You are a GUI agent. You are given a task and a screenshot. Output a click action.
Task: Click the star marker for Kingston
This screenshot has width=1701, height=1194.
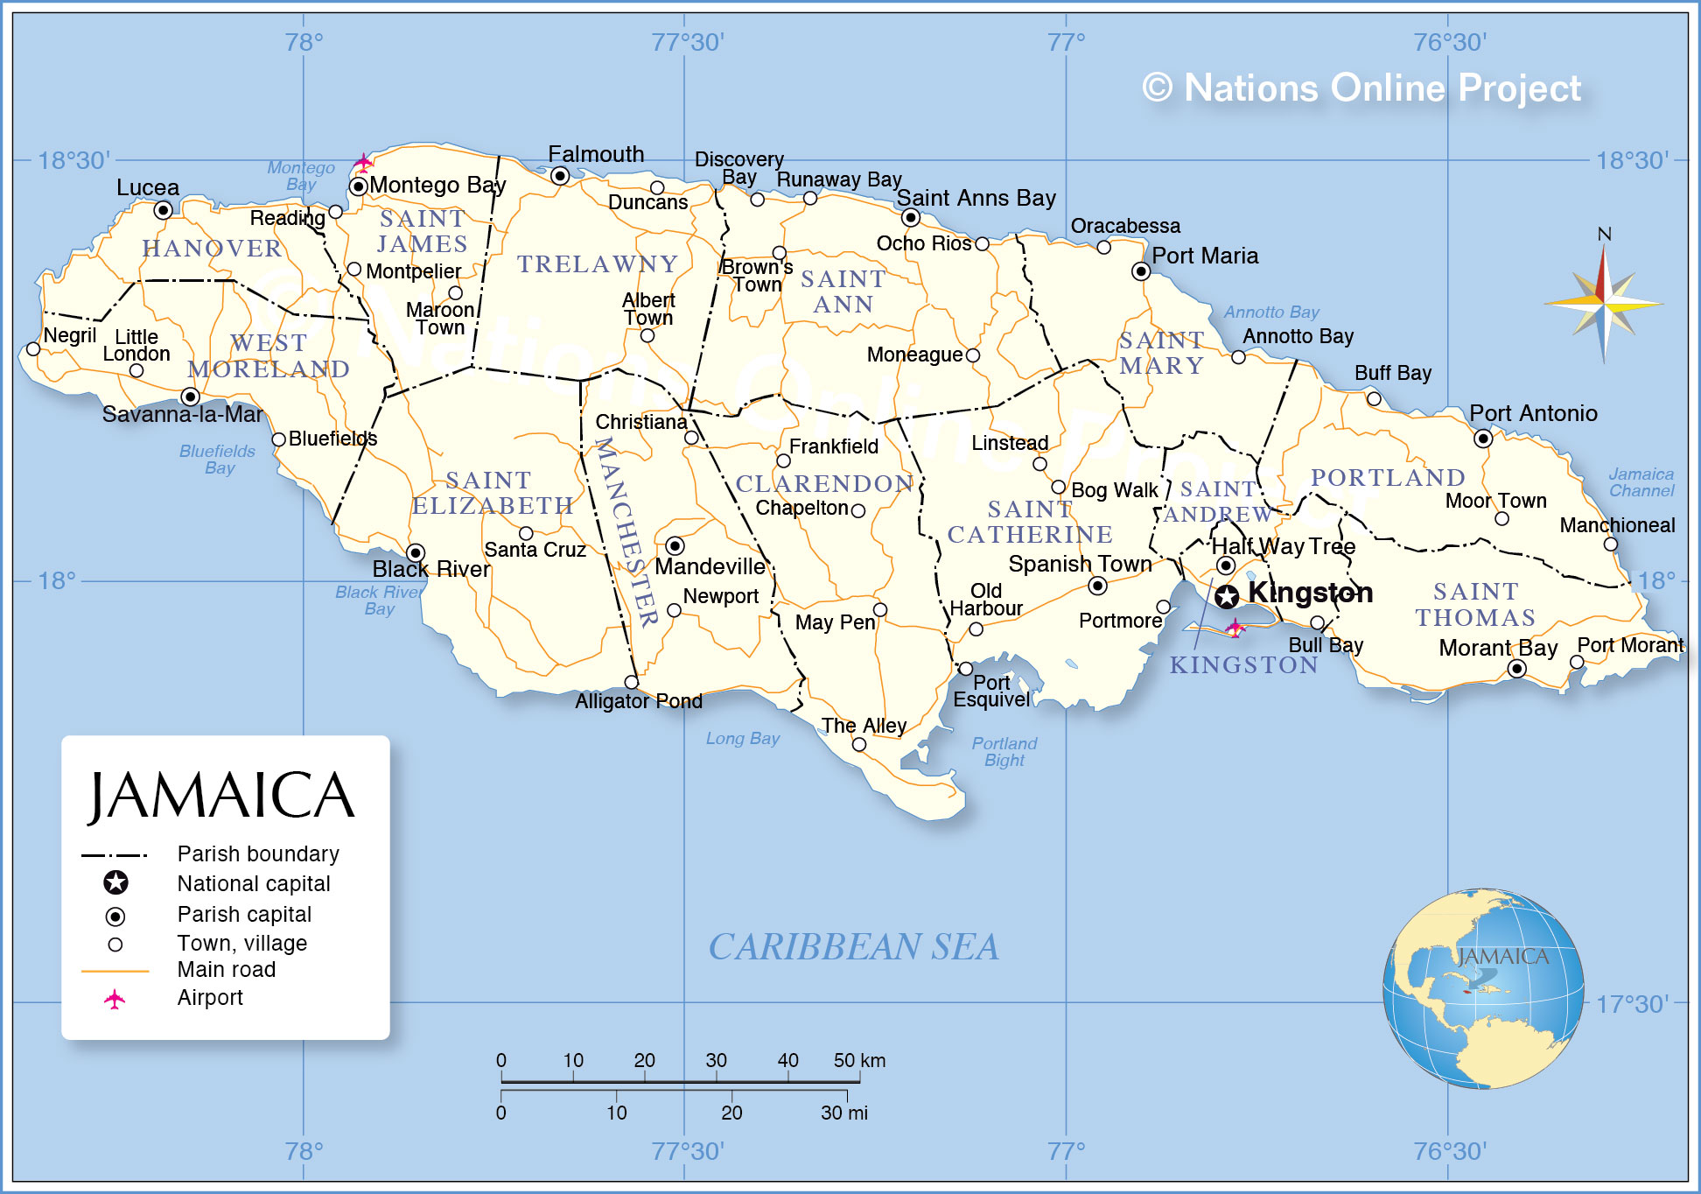coord(1227,597)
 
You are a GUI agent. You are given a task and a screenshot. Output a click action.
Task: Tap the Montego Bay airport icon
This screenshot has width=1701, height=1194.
coord(363,162)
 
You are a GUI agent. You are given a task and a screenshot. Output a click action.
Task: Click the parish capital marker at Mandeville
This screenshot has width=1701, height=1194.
coord(675,546)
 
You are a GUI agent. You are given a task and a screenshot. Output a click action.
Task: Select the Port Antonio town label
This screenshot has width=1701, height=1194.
coord(1533,413)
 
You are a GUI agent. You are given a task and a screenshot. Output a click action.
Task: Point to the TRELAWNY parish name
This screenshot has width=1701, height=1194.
coord(598,264)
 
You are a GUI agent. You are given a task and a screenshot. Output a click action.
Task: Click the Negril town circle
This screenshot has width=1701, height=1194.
coord(33,349)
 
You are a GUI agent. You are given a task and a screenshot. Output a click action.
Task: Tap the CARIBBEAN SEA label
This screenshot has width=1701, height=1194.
coord(853,947)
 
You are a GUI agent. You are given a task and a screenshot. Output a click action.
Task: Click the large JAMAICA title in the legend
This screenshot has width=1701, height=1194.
coord(222,796)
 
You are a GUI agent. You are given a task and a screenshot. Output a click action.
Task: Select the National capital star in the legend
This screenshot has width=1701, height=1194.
coord(115,882)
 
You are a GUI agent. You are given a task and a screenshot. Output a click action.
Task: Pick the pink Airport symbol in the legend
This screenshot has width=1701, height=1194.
coord(115,999)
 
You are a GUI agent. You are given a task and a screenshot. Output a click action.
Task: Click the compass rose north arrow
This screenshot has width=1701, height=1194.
coord(1603,271)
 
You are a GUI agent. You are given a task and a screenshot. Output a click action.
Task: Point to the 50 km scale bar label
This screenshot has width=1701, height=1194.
coord(859,1060)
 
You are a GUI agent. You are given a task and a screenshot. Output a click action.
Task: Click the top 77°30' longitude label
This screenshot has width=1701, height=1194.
coord(688,42)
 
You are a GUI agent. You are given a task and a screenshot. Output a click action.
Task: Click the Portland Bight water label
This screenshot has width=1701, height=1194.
coord(1004,751)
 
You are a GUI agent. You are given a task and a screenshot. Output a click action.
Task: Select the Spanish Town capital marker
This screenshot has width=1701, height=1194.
coord(1097,586)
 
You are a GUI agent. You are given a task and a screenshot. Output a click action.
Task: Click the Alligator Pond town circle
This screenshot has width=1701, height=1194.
coord(632,682)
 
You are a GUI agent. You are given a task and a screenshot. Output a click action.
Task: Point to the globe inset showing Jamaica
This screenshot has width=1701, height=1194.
coord(1483,989)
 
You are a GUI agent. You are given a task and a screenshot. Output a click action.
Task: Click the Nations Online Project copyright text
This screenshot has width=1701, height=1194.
coord(1361,88)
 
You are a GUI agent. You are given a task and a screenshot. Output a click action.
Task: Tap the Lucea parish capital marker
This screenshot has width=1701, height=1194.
coord(163,210)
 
